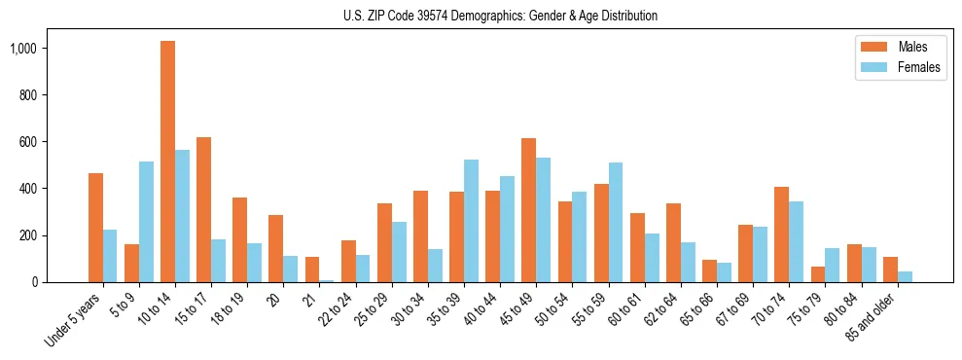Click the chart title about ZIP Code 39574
point(500,16)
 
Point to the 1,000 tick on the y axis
point(36,49)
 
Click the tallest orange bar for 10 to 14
point(167,162)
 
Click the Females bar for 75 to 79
point(832,265)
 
